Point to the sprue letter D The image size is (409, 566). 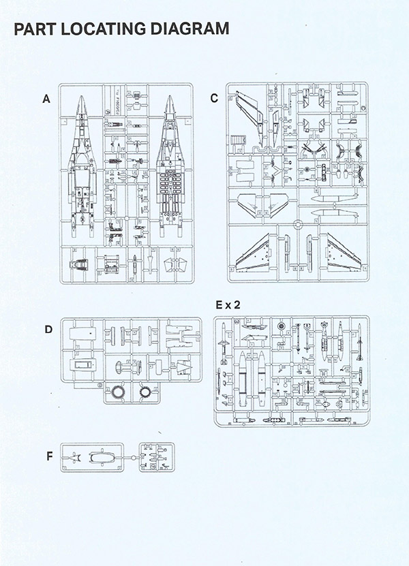(x=48, y=330)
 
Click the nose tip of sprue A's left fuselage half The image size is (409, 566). (x=81, y=97)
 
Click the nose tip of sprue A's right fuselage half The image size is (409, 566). (x=170, y=97)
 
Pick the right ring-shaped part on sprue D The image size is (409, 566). (x=147, y=393)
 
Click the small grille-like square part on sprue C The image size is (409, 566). (x=240, y=140)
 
